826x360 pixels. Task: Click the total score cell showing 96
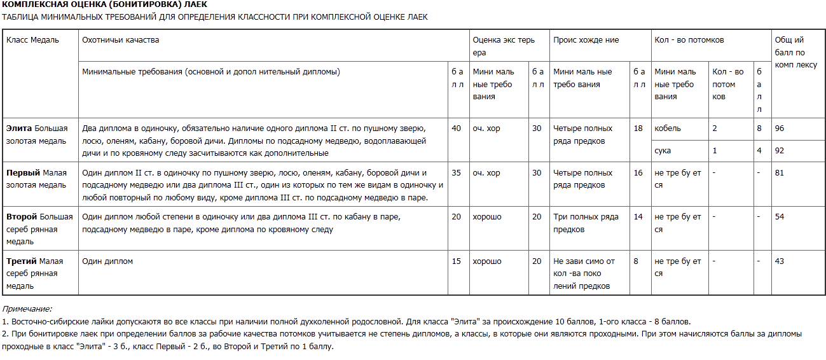pos(780,128)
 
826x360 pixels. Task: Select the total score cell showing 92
pos(780,151)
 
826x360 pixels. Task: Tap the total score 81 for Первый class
pos(780,173)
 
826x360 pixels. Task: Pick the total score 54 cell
pos(780,218)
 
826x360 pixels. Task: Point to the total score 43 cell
pos(780,262)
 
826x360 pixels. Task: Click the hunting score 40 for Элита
pos(456,128)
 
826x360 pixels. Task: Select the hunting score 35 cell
pos(456,173)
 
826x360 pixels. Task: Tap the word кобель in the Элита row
pos(668,128)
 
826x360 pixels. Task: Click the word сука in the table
pos(663,151)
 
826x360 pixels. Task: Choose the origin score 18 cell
pos(638,128)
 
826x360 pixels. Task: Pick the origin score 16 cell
pos(638,173)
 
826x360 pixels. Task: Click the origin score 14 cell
pos(638,218)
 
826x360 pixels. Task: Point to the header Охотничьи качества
pos(121,40)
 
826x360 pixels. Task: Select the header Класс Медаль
pos(32,40)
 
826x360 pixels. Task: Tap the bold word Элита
pos(19,128)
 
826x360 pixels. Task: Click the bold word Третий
pos(22,261)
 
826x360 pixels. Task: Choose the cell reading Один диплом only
pos(107,261)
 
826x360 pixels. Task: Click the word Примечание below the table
pos(27,309)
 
